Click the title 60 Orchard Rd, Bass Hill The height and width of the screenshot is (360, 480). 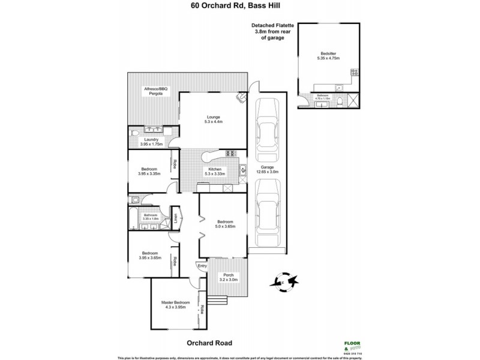[239, 7]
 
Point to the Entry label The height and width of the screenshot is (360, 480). [202, 266]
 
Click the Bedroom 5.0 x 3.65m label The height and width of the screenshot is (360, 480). [223, 223]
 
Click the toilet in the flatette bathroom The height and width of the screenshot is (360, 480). [340, 101]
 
